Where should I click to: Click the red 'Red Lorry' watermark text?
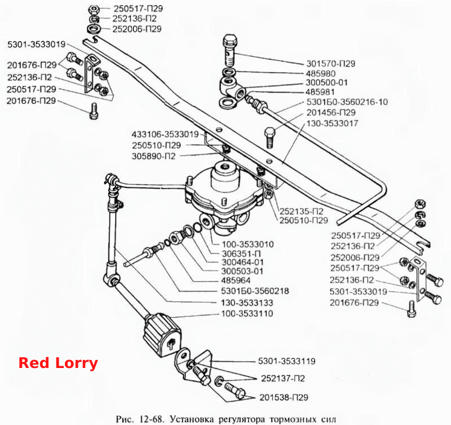58,363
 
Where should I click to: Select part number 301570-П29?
331,64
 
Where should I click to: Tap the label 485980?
321,74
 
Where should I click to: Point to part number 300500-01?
326,83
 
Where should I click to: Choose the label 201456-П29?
331,112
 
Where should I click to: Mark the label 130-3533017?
332,123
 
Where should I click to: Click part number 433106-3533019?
165,134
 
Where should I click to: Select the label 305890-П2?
153,156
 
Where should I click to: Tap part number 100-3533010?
247,244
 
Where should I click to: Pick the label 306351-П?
241,254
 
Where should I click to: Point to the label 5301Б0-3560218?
255,291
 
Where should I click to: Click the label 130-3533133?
247,303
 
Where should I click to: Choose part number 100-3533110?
247,314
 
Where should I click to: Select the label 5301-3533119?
287,361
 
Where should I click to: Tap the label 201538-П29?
284,398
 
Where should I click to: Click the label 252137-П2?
283,378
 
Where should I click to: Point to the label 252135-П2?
302,211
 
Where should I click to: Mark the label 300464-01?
242,262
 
